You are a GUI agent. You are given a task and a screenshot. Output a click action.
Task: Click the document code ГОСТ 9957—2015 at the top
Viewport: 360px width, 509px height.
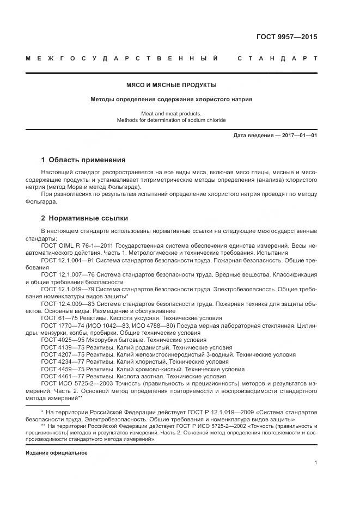tap(286, 37)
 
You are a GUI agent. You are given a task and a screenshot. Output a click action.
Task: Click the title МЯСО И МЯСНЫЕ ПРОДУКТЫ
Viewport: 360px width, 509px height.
tap(171, 85)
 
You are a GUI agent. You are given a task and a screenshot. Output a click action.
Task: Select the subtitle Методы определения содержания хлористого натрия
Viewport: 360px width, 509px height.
tap(171, 99)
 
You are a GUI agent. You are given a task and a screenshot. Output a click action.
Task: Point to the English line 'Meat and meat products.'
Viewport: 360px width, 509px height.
tap(171, 113)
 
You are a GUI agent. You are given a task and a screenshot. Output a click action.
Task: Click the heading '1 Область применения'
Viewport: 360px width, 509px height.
tap(83, 160)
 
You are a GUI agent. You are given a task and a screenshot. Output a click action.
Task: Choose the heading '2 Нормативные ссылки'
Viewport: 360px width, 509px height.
tap(84, 218)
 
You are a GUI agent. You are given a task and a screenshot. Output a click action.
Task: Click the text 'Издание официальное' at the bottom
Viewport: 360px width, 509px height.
tap(56, 452)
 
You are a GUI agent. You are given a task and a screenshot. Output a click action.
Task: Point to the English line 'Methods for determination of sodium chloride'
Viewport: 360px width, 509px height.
tap(171, 120)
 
